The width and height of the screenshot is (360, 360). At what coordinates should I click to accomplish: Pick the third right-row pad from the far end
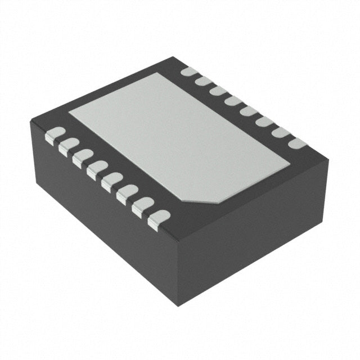pyautogui.click(x=218, y=91)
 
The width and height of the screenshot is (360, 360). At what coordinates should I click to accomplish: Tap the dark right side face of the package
pyautogui.click(x=253, y=225)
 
